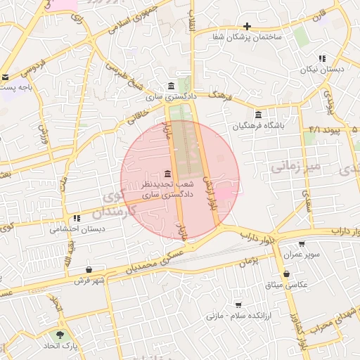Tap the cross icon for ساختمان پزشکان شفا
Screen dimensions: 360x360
[247, 26]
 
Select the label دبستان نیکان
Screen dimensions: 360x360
[322, 70]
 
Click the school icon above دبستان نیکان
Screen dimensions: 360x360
[321, 59]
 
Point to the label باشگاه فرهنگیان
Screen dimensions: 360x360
[259, 126]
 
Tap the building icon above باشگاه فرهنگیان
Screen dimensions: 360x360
[259, 115]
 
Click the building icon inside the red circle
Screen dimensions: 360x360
[167, 174]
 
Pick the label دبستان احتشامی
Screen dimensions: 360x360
[79, 229]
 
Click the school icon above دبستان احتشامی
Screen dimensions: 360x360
[77, 219]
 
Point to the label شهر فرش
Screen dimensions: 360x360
[89, 281]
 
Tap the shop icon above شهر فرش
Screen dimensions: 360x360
[88, 269]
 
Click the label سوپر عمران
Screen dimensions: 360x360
[308, 254]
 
